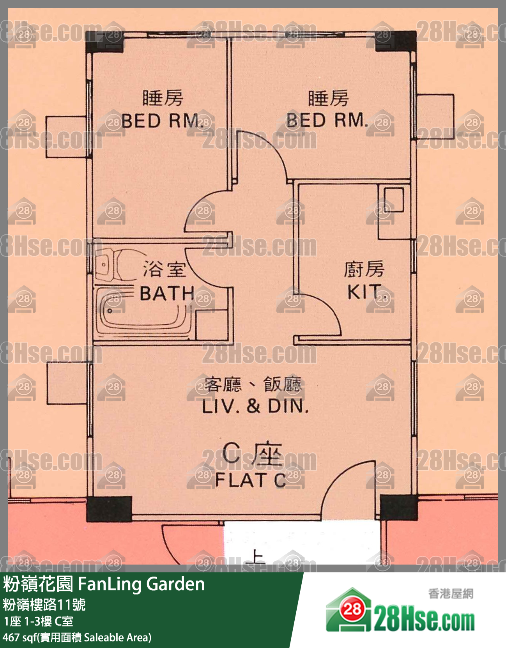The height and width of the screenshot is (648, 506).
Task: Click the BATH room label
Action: (167, 294)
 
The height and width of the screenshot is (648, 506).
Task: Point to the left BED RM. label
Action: (163, 121)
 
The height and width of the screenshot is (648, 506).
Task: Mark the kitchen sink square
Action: (394, 200)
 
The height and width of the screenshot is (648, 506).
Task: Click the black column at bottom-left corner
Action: (109, 509)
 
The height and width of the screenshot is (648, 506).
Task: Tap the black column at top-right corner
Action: (396, 41)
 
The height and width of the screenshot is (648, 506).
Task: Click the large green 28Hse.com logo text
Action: (424, 622)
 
